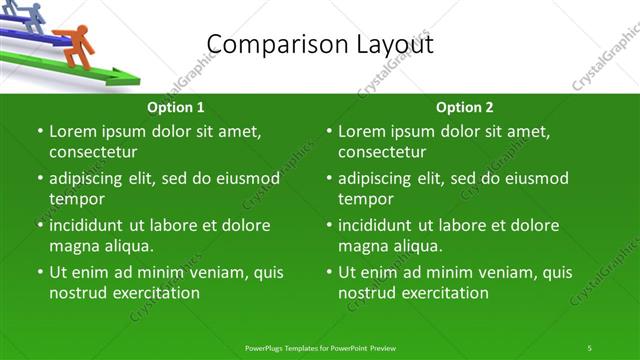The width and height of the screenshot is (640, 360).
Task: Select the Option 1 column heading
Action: [x=176, y=107]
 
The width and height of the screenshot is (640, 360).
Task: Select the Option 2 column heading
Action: [x=465, y=107]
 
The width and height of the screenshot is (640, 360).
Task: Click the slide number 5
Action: [x=589, y=347]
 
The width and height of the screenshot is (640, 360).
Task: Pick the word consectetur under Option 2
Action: [x=382, y=152]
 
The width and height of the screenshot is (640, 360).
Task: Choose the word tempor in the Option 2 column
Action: [x=365, y=199]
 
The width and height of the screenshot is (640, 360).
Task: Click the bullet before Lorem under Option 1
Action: [x=40, y=132]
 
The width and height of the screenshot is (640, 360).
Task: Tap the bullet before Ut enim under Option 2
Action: [x=330, y=272]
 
